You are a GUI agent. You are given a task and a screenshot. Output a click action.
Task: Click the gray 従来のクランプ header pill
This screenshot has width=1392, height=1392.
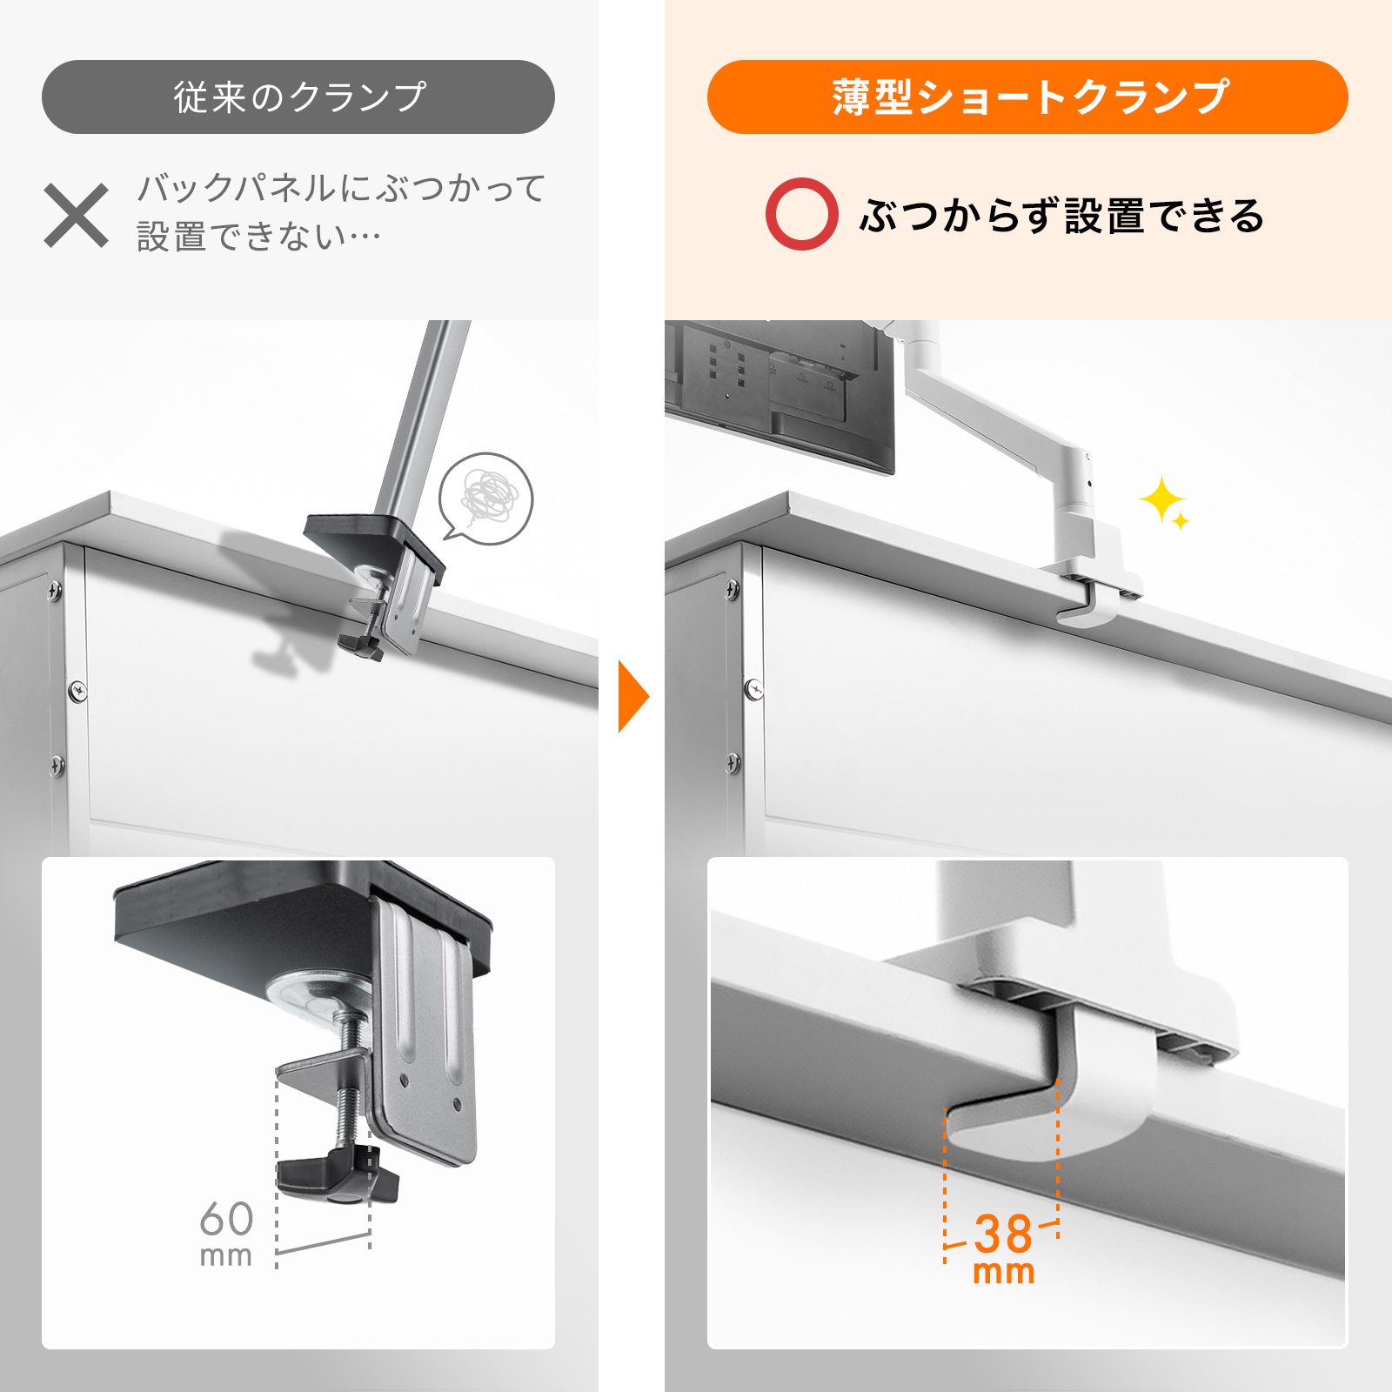(298, 97)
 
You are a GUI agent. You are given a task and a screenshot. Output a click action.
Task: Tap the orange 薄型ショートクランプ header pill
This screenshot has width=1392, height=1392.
(1027, 97)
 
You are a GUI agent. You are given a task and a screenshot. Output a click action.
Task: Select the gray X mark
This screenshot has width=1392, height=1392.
(77, 215)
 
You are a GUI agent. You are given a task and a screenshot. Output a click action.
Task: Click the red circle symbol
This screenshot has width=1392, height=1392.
(801, 214)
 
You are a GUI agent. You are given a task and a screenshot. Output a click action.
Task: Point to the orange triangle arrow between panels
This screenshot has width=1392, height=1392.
(633, 696)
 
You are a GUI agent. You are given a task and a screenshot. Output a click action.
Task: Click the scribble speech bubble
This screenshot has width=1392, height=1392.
(485, 498)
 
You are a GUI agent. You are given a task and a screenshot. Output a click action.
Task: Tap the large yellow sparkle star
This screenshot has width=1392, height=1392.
(1161, 499)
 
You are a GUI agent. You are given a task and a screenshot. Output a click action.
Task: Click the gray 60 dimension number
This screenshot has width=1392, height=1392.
(226, 1219)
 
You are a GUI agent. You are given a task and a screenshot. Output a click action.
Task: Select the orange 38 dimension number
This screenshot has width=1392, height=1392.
(1003, 1234)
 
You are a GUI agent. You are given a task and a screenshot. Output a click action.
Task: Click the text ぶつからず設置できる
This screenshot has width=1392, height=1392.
(1061, 215)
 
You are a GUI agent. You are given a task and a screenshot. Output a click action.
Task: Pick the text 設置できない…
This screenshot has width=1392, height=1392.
(258, 237)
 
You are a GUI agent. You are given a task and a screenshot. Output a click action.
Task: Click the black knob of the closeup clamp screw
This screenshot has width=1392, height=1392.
(338, 1175)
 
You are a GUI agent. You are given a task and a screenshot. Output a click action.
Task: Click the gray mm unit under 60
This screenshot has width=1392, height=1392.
(226, 1256)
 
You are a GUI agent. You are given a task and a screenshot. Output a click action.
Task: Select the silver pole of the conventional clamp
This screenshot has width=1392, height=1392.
(424, 418)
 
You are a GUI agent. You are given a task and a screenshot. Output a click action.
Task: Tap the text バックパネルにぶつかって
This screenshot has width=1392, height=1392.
(341, 188)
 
